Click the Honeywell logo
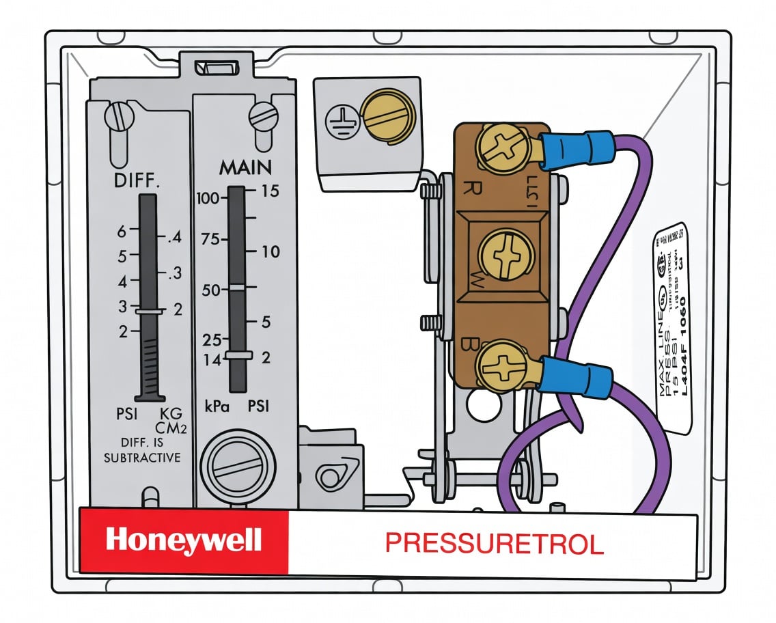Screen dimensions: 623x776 click(x=184, y=541)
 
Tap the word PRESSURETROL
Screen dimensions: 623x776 click(x=494, y=544)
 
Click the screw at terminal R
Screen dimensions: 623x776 click(x=501, y=148)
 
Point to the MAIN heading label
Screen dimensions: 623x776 click(x=245, y=167)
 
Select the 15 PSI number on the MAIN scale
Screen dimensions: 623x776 click(x=270, y=191)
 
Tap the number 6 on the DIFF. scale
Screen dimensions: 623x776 click(x=122, y=232)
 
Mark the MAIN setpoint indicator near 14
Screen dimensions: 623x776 click(x=237, y=355)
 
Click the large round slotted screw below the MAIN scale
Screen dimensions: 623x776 click(x=238, y=467)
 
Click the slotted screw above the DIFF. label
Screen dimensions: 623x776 click(x=118, y=116)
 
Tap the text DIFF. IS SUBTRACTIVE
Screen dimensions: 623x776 click(x=142, y=451)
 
